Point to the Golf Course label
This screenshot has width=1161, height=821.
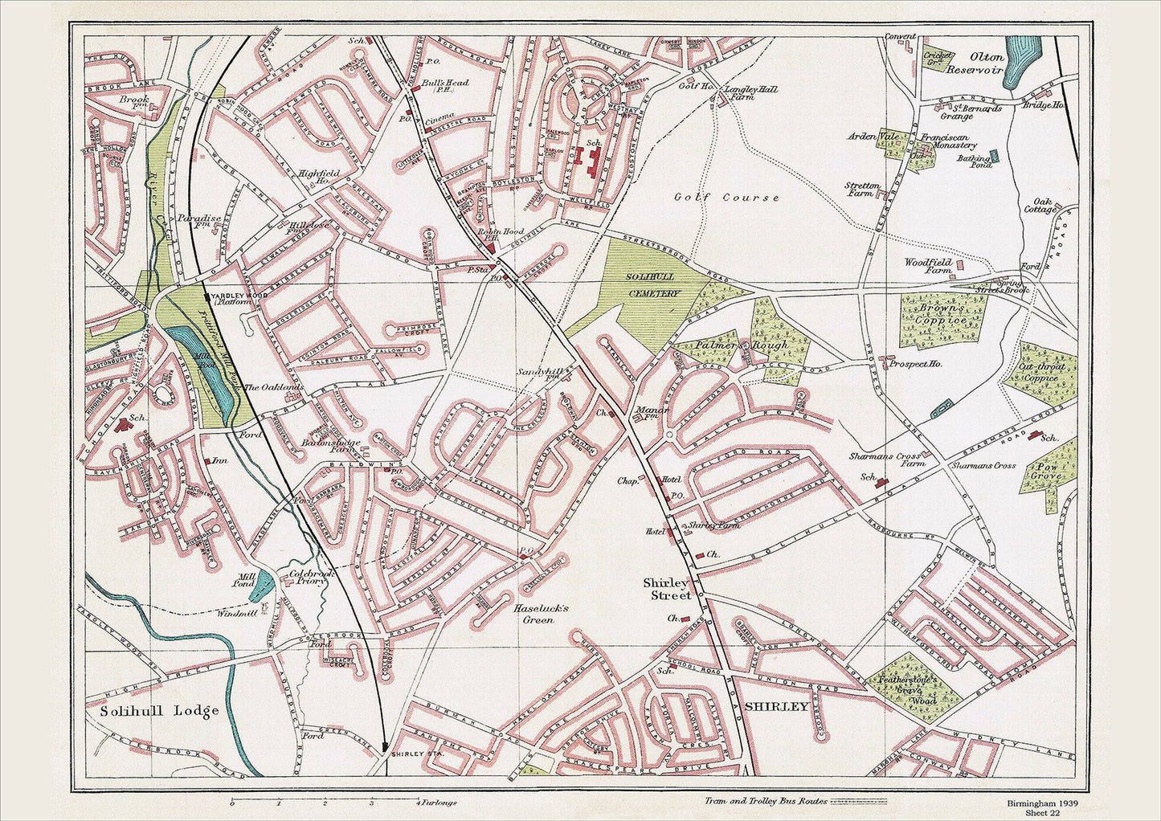coord(726,198)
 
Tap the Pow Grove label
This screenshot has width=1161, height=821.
coord(1047,471)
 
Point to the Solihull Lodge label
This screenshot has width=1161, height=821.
coord(159,711)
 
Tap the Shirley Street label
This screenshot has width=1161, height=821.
coord(666,589)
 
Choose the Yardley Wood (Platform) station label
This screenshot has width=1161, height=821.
coord(232,296)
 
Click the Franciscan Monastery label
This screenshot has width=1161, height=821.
coord(949,141)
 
